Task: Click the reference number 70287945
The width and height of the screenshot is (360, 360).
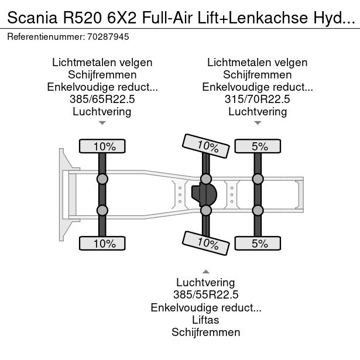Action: (x=108, y=36)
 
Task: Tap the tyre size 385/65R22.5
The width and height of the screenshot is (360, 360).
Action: (x=102, y=99)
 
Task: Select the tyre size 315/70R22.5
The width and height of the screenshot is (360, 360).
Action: (x=258, y=99)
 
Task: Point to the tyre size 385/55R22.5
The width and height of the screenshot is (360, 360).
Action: (x=206, y=295)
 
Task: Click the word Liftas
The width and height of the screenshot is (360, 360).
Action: (x=206, y=320)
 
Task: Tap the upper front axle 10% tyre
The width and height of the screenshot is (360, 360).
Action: (x=102, y=146)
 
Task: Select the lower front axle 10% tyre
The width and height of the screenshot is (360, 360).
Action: (x=102, y=244)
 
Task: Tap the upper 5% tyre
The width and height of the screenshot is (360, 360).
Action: (x=257, y=146)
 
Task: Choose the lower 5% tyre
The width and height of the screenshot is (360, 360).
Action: (x=257, y=244)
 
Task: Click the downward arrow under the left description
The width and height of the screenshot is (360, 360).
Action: (x=102, y=123)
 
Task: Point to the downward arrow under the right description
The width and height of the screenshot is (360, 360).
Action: (x=258, y=123)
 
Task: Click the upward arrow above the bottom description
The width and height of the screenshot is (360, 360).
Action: (x=206, y=272)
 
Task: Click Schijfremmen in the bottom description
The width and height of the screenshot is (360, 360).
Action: (x=206, y=332)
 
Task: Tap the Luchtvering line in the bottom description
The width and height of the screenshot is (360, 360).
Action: (x=206, y=283)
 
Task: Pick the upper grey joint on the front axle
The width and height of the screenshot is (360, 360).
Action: (x=102, y=179)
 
